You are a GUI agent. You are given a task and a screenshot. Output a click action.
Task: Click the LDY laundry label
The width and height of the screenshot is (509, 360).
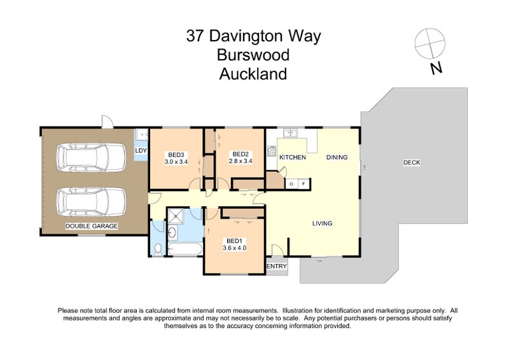click(x=141, y=150)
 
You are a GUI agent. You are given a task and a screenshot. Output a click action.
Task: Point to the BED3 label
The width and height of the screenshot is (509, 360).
click(x=176, y=154)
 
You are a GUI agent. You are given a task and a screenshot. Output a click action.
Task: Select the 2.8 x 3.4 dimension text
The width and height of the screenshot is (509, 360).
click(x=240, y=161)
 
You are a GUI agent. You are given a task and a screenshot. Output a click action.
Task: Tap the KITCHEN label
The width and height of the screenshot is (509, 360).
click(x=293, y=157)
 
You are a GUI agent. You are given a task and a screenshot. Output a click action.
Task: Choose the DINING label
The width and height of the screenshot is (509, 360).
click(x=337, y=157)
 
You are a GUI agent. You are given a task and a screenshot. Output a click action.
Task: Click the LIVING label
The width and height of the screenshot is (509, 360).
click(x=323, y=223)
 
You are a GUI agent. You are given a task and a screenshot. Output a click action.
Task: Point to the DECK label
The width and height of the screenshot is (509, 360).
click(x=412, y=162)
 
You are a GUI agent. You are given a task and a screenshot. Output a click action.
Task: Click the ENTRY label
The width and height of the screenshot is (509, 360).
click(x=277, y=266)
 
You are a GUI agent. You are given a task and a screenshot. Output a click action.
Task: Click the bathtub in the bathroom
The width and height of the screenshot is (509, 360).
click(x=185, y=248)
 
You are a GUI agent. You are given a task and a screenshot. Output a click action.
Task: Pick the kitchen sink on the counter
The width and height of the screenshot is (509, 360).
click(x=291, y=133)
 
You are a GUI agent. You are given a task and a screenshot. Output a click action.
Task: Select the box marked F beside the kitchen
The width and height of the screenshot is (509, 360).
click(x=303, y=184)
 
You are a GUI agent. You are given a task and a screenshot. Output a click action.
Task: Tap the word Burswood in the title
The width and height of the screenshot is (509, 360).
click(x=253, y=55)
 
